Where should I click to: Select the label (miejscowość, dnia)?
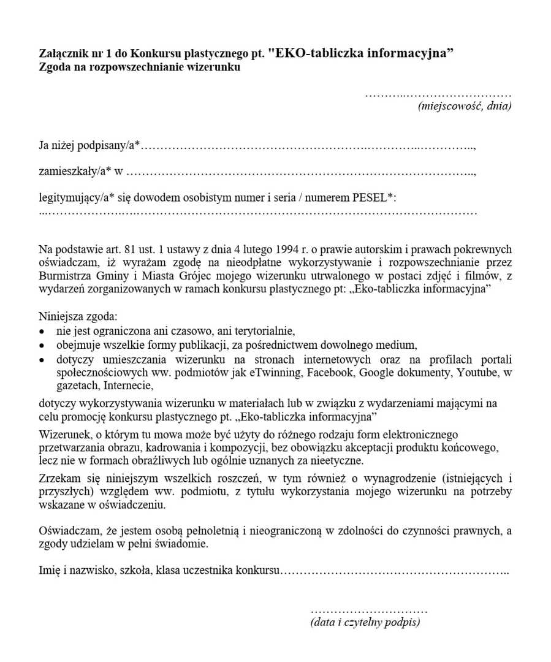[465, 106]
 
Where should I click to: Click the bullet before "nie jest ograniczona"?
[42, 331]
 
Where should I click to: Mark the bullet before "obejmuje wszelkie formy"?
[42, 344]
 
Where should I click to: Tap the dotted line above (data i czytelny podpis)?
[368, 611]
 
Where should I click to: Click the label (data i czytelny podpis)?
[365, 622]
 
